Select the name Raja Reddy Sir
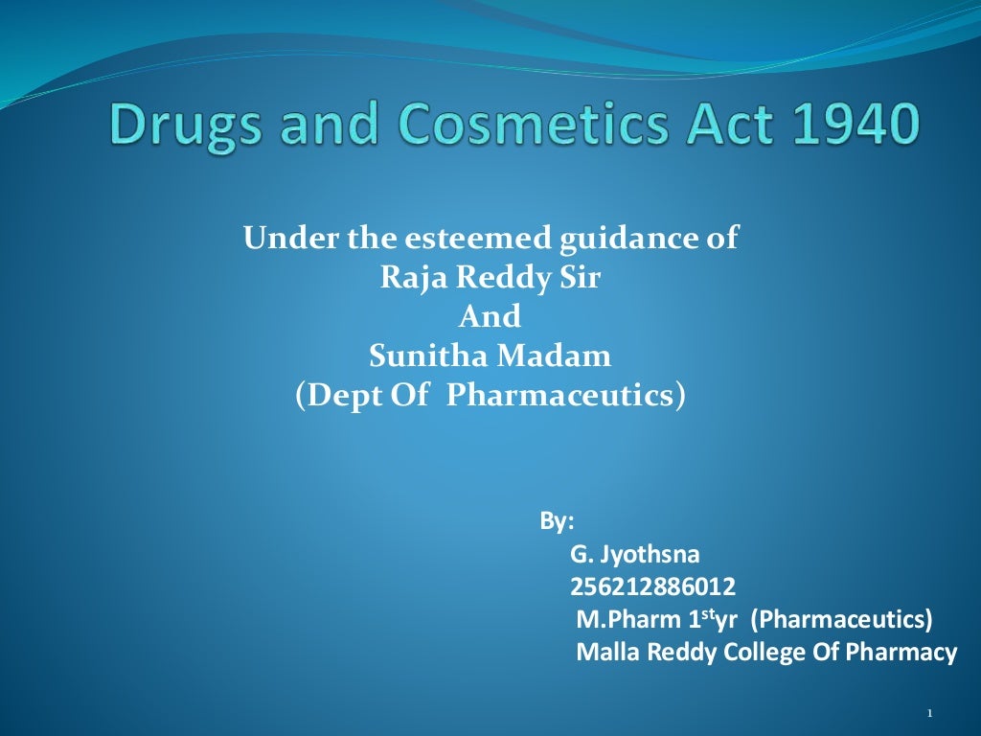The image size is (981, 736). point(490,277)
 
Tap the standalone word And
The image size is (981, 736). point(490,316)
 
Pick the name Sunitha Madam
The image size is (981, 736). point(490,356)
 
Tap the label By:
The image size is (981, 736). point(557,522)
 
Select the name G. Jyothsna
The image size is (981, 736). point(635,555)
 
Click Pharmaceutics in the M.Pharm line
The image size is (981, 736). point(841,620)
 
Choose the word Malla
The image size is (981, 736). point(607,653)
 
